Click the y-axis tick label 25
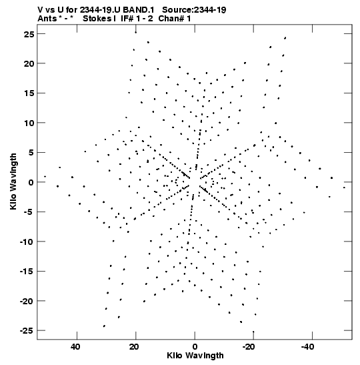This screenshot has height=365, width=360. (29, 34)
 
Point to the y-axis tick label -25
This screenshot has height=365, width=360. (27, 331)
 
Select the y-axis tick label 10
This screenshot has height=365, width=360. (29, 123)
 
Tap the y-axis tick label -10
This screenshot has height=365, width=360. (27, 242)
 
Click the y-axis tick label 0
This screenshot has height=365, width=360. (31, 182)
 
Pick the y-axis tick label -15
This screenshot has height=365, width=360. (27, 272)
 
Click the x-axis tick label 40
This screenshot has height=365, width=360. (75, 347)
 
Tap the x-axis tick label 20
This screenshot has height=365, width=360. (134, 347)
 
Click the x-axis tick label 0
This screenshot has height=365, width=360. (195, 347)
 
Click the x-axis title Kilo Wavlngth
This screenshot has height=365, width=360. (195, 356)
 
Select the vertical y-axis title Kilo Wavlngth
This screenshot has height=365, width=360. (13, 181)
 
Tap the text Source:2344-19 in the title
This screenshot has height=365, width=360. (194, 10)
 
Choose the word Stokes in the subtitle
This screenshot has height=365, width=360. (98, 19)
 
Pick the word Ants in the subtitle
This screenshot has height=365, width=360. (47, 19)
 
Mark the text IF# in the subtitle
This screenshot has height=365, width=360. (127, 19)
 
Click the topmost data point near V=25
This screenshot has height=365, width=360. (135, 32)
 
